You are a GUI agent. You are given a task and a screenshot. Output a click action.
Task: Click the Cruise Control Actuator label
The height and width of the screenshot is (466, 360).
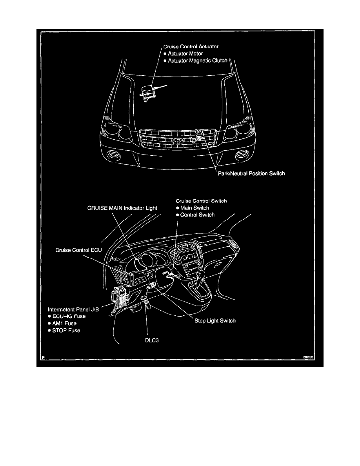(x=191, y=47)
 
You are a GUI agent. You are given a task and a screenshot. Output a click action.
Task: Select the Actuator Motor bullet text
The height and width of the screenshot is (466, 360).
(x=185, y=53)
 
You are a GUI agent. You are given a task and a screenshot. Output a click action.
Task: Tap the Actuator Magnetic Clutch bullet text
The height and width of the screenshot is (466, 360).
(x=198, y=61)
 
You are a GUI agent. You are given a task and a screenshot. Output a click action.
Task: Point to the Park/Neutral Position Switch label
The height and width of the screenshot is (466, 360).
(x=251, y=173)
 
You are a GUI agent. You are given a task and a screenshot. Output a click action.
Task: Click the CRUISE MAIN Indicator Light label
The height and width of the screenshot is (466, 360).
(x=122, y=208)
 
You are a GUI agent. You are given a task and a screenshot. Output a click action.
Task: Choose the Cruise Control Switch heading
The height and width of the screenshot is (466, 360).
(x=201, y=201)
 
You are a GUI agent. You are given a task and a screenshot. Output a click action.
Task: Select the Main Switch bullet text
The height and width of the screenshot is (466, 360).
(x=195, y=208)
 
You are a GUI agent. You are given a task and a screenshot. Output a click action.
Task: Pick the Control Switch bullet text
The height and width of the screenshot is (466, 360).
(x=197, y=215)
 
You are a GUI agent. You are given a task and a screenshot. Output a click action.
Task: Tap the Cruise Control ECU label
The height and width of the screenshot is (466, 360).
(x=78, y=250)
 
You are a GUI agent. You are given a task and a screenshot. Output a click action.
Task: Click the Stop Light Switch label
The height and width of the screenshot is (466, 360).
(x=215, y=321)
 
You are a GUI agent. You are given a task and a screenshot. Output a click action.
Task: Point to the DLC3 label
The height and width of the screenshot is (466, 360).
(x=152, y=340)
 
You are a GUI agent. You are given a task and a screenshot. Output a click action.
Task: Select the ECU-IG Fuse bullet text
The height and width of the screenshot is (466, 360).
(x=69, y=316)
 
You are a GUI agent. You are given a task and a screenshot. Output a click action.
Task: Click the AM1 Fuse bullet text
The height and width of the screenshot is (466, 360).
(x=64, y=323)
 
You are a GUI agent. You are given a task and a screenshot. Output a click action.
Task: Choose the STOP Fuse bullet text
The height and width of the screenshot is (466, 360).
(x=66, y=330)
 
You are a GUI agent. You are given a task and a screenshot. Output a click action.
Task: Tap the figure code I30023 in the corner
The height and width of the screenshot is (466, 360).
(x=308, y=357)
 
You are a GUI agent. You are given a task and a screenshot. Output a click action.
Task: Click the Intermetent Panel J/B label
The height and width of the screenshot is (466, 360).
(x=73, y=309)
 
